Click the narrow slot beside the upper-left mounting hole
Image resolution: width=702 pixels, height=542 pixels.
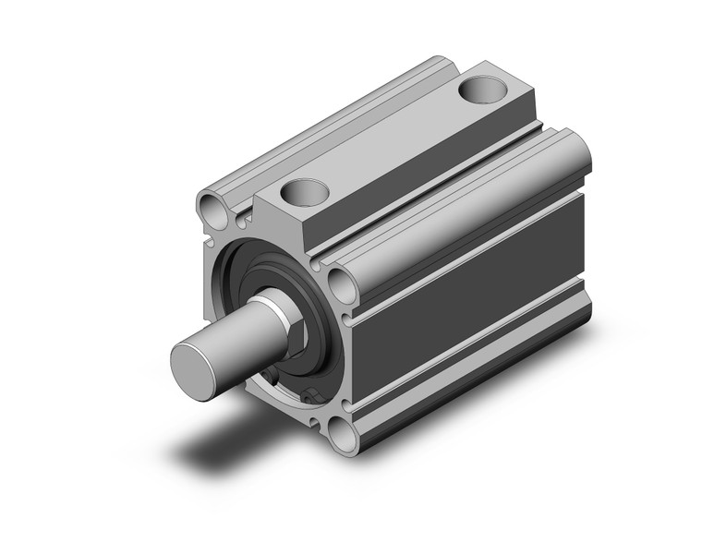coord(243,218)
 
